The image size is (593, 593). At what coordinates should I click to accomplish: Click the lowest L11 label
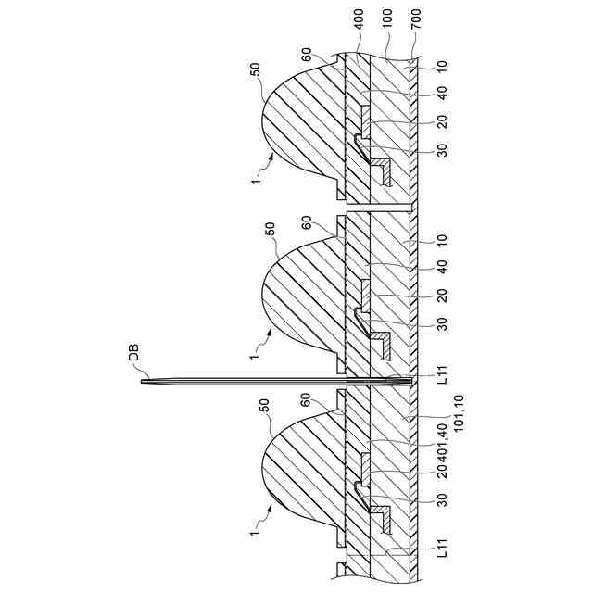click(x=443, y=549)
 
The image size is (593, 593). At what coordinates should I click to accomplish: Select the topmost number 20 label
click(x=443, y=120)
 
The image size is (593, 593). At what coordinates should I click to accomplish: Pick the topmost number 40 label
click(x=443, y=93)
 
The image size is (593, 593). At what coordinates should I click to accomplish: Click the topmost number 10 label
click(x=443, y=66)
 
